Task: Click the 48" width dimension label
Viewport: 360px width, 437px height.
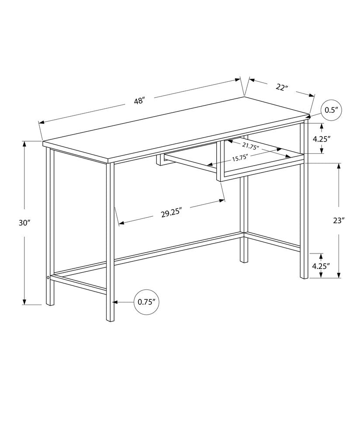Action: (139, 101)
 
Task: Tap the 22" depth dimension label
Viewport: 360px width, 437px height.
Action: (282, 87)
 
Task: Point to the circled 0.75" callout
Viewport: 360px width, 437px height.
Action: (146, 302)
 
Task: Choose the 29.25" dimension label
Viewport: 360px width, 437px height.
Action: (171, 214)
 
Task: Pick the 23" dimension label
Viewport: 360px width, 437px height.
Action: (339, 221)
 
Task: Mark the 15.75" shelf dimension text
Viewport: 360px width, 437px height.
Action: (240, 158)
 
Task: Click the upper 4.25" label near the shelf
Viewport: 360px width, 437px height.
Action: (321, 139)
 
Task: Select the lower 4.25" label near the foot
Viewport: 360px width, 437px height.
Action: (321, 265)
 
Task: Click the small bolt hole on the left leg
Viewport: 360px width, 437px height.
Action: (48, 277)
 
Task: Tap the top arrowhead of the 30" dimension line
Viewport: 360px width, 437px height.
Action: (24, 144)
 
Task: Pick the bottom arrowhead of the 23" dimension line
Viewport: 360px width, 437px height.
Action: (339, 275)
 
